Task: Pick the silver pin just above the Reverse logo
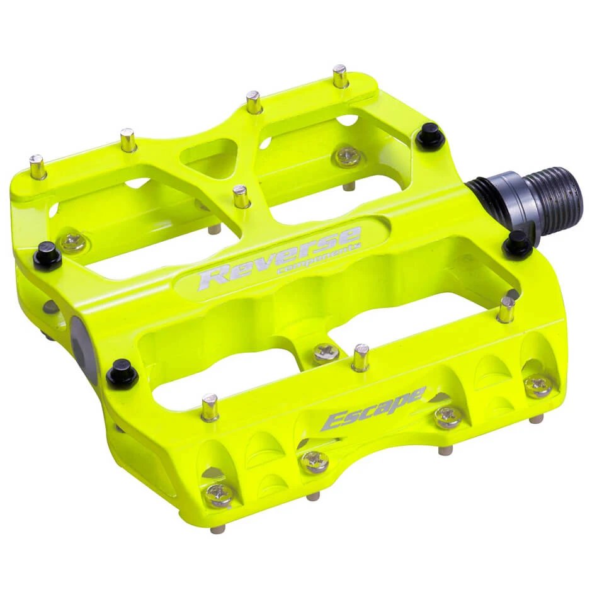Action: [x=241, y=196]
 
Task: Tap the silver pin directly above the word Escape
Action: [x=360, y=357]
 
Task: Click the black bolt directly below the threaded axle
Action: [x=517, y=244]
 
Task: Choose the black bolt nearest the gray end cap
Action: [x=122, y=374]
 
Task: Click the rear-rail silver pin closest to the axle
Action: [x=341, y=77]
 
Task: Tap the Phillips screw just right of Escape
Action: [x=448, y=416]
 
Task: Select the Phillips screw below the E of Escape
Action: [x=315, y=462]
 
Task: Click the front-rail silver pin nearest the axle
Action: [x=506, y=309]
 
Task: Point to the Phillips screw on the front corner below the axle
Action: [x=538, y=385]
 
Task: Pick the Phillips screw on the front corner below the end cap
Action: [x=219, y=495]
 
